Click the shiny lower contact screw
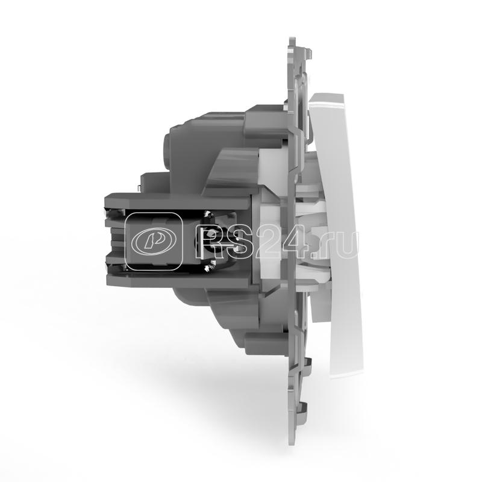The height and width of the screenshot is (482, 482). coord(210,262)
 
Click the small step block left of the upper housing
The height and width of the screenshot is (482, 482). coord(148,178)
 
